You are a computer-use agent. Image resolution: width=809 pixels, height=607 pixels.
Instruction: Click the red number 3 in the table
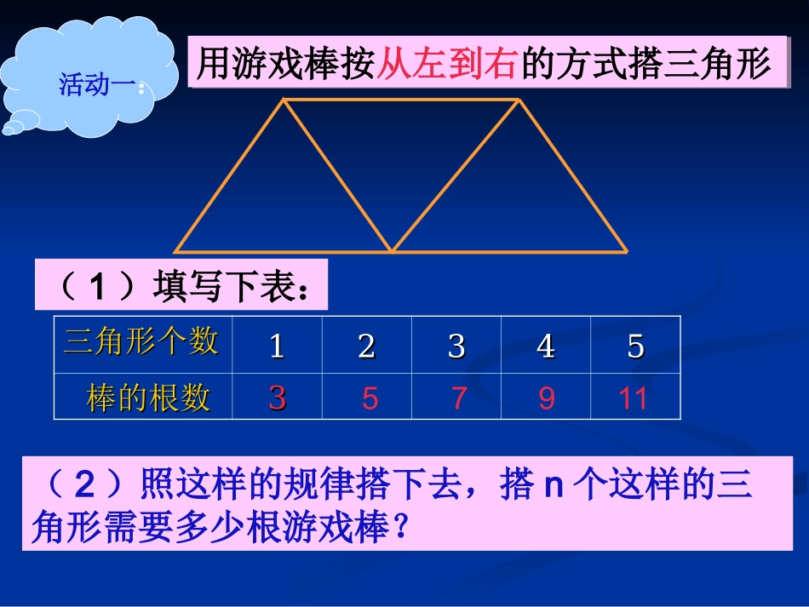click(x=277, y=398)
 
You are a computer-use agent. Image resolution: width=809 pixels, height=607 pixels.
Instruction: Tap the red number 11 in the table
click(x=634, y=398)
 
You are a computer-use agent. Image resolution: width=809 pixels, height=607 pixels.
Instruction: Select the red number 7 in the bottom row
click(x=459, y=398)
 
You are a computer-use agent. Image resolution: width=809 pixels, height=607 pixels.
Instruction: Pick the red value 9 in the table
click(x=547, y=398)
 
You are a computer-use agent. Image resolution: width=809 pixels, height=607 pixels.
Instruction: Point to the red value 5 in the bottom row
click(x=370, y=398)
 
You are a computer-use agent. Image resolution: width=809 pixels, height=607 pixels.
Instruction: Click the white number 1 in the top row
click(x=277, y=346)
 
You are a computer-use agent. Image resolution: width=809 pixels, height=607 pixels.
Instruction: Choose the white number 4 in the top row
click(x=546, y=346)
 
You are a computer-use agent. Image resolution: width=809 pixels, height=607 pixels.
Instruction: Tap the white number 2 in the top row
click(x=367, y=346)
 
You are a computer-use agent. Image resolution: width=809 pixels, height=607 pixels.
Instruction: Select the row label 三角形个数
click(x=141, y=342)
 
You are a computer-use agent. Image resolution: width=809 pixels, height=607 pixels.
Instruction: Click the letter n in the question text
click(x=554, y=487)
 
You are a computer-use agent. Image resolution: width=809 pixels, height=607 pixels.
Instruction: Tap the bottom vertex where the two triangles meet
click(x=392, y=251)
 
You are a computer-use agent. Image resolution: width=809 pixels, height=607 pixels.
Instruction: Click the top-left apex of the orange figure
click(x=284, y=100)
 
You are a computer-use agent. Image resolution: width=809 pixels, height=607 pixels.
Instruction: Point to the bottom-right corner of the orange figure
click(x=626, y=251)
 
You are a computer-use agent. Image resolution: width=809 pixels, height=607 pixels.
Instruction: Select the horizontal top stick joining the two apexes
click(x=400, y=100)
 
